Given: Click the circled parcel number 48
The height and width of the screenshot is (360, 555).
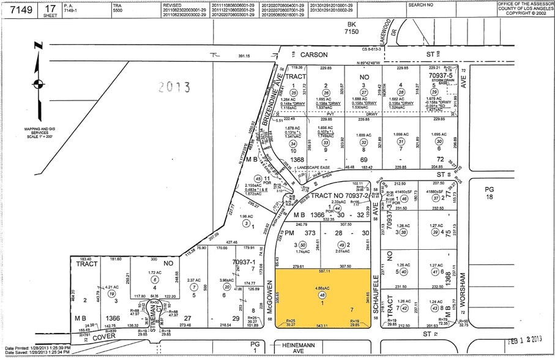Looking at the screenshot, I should (x=322, y=295).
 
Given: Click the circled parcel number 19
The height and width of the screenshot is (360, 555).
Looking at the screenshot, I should (x=111, y=293).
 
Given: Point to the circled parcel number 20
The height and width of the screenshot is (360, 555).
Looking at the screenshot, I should (x=226, y=287).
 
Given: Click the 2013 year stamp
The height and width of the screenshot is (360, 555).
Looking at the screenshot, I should (x=174, y=87).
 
